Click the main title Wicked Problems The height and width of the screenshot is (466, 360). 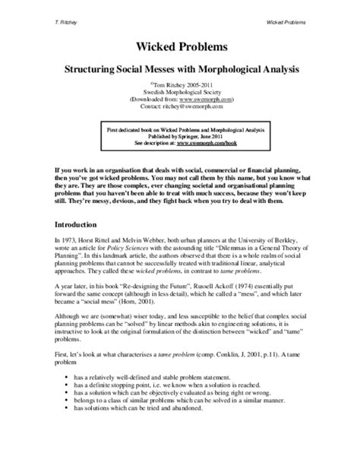point(180,47)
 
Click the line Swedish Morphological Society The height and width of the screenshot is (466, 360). point(179,93)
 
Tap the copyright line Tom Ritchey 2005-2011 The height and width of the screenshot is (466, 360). point(181,85)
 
